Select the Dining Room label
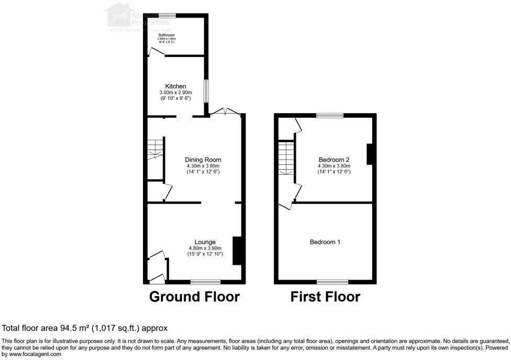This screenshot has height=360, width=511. point(203,160)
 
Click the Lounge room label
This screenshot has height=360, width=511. point(205,242)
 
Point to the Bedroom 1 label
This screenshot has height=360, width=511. point(325,242)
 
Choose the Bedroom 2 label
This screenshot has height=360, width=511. point(334,160)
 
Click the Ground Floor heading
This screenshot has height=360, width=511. point(194,297)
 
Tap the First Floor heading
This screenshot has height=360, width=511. point(325,297)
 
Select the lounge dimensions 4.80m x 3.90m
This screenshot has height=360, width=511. point(205,248)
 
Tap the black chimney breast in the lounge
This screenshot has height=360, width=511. point(237,251)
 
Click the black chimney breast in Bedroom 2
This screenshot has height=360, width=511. point(370,154)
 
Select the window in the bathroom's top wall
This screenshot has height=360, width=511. point(168,15)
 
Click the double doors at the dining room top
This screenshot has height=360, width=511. point(226,112)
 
